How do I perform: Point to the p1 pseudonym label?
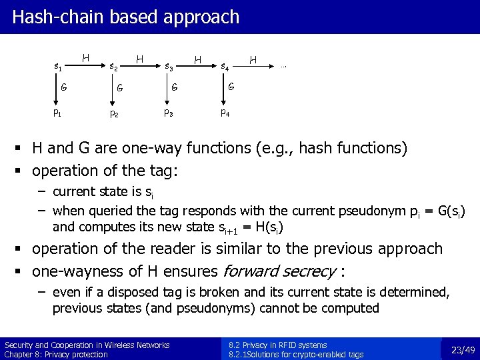click(x=57, y=113)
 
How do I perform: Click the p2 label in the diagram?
click(x=114, y=113)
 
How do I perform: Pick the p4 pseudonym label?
click(x=225, y=113)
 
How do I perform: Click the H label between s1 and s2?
click(x=85, y=59)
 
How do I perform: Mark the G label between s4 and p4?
click(x=231, y=86)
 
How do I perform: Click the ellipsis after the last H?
click(x=283, y=65)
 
